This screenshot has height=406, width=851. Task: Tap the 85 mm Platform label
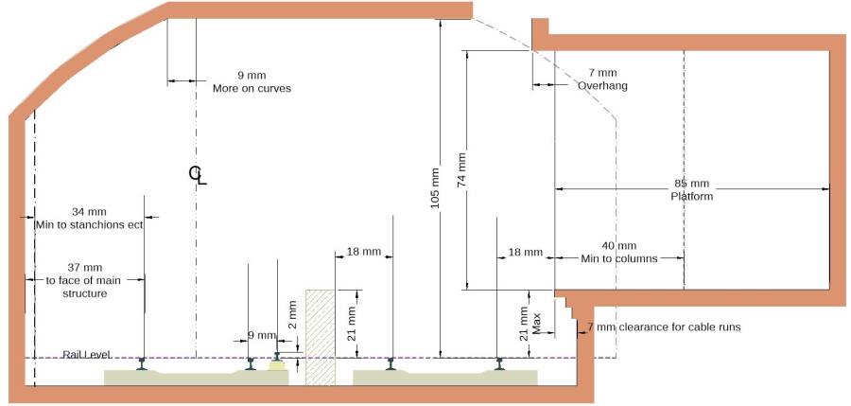click(x=691, y=190)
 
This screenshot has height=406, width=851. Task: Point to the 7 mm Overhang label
click(x=602, y=79)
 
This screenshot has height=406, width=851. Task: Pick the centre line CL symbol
click(x=197, y=173)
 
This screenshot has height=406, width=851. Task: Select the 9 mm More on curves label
click(x=252, y=81)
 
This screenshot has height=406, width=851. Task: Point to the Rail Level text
click(x=86, y=354)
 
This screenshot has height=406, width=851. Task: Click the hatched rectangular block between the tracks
click(x=320, y=337)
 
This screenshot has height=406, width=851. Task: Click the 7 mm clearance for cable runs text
click(x=663, y=327)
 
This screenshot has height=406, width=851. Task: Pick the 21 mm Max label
click(x=530, y=321)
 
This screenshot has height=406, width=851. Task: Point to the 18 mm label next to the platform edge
click(x=525, y=253)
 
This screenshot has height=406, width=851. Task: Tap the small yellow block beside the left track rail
click(x=278, y=364)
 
